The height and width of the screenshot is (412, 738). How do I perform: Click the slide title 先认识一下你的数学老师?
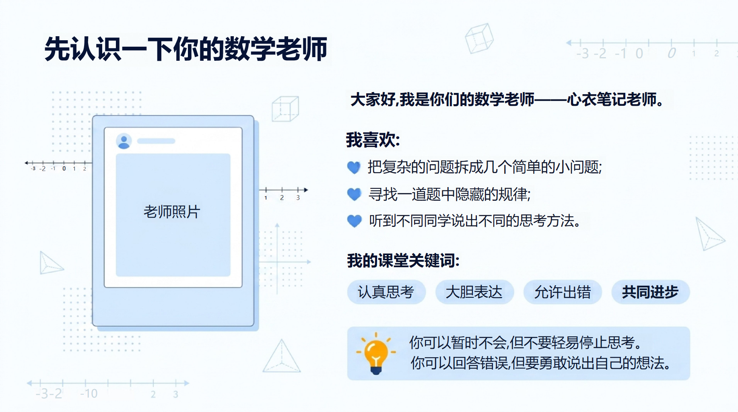point(186,49)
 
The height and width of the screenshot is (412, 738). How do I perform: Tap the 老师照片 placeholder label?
point(172,212)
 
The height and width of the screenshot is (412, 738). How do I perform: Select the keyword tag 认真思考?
point(386,292)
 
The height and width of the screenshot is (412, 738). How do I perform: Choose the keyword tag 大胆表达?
point(474,292)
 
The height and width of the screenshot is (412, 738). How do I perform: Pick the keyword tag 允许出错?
point(563,292)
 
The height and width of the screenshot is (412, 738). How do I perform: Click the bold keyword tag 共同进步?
point(650,292)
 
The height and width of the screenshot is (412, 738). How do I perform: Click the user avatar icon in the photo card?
point(124,141)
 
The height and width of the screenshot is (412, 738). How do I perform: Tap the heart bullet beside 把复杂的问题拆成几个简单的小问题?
point(354,167)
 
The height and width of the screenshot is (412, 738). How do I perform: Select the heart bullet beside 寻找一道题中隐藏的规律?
point(354,194)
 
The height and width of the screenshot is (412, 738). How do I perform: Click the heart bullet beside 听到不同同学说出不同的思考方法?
point(355,221)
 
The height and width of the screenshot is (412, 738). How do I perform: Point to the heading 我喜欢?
point(373,140)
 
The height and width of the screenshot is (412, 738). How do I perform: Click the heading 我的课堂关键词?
point(403,261)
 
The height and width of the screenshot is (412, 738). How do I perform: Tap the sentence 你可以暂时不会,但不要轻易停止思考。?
point(526,343)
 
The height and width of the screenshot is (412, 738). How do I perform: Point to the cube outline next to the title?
point(479,38)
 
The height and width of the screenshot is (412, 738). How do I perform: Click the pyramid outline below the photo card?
point(282,356)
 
